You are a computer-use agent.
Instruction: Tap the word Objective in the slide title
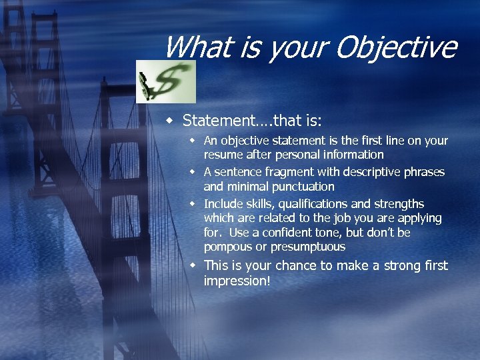pos(397,47)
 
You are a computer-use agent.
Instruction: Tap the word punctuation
pos(301,187)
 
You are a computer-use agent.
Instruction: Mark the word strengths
pos(398,204)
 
